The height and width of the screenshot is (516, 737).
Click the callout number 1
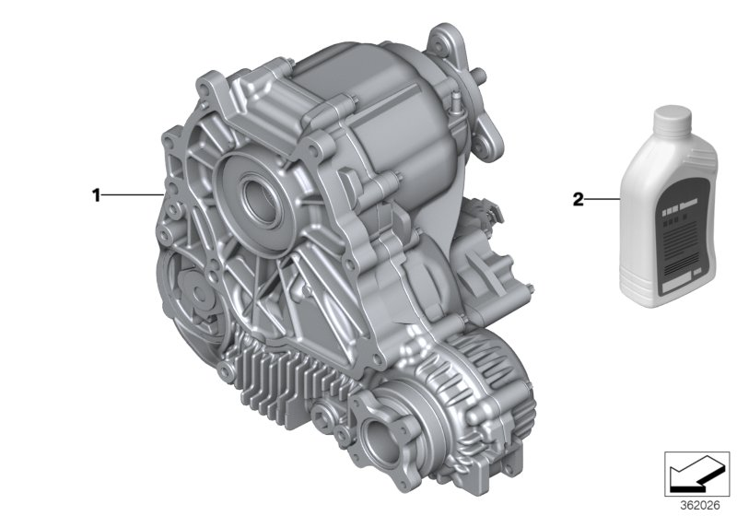94,194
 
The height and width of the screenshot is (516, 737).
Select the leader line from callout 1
134,194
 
